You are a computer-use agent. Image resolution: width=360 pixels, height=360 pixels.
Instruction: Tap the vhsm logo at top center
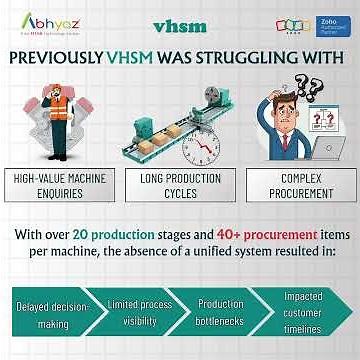click(x=181, y=24)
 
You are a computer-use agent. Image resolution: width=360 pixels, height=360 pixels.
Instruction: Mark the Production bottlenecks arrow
click(x=221, y=312)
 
